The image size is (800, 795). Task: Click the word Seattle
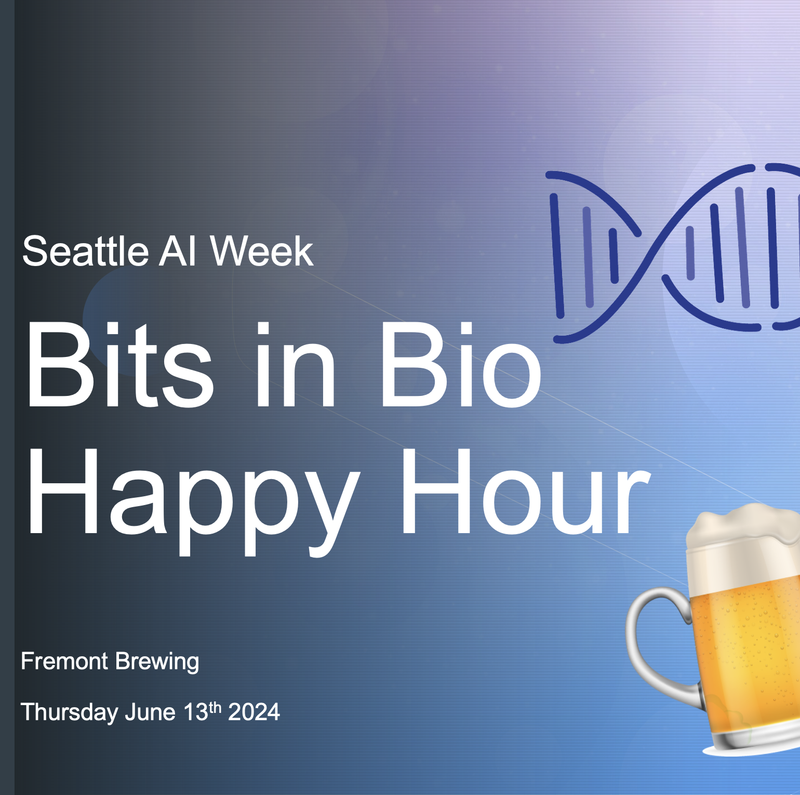[x=86, y=251]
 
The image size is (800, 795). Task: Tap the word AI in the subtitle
[x=178, y=251]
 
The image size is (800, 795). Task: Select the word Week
[x=261, y=251]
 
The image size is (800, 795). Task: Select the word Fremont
[x=64, y=661]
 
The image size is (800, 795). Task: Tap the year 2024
[x=254, y=712]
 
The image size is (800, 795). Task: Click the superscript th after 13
[x=215, y=707]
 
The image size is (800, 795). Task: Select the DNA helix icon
[x=673, y=254]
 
